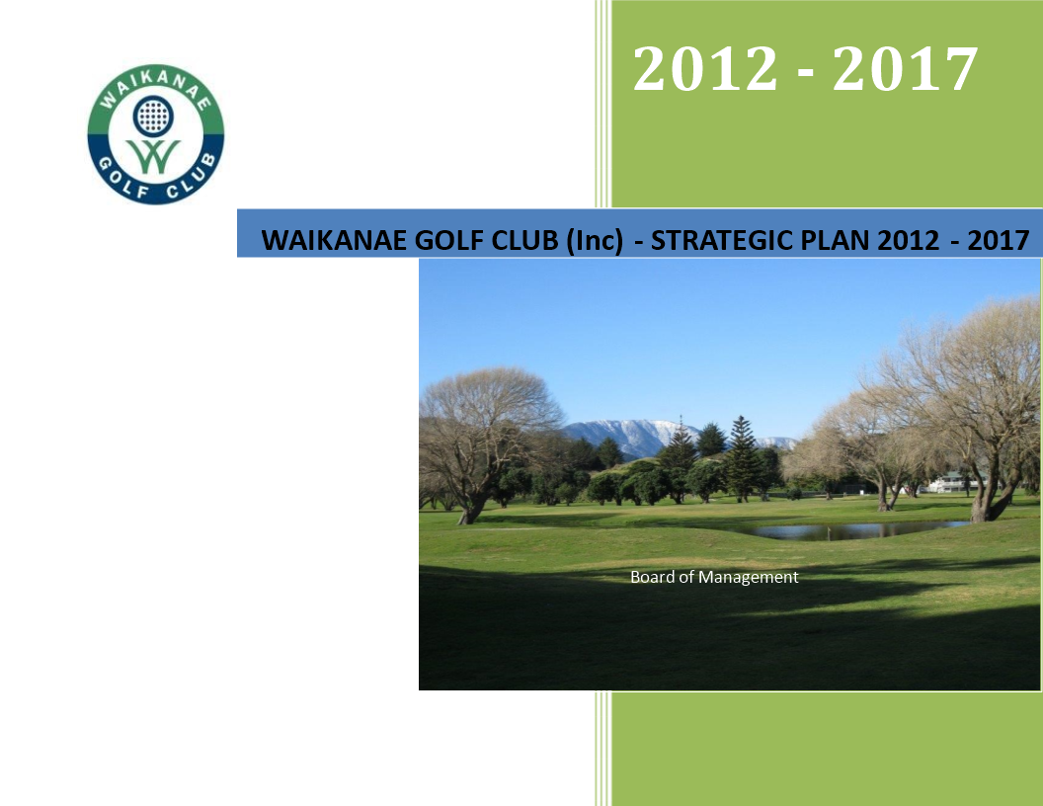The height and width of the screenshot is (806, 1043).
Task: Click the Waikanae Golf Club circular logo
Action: tap(156, 134)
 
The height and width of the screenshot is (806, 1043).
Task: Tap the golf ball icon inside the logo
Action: tap(154, 116)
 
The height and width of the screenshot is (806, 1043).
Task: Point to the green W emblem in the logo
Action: tap(154, 157)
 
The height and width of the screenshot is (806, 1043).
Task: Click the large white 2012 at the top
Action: tap(705, 68)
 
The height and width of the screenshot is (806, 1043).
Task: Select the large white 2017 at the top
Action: tap(905, 68)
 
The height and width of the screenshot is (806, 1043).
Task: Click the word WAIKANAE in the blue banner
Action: tap(335, 240)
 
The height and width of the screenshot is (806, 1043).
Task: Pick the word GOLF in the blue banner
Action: tap(449, 240)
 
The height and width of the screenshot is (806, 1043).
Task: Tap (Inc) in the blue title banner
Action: tap(595, 241)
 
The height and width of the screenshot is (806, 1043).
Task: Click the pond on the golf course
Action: tap(858, 530)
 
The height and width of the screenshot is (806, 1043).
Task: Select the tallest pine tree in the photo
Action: tap(743, 459)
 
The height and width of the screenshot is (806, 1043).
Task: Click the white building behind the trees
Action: tap(952, 483)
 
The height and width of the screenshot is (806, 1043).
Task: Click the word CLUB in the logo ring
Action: tap(191, 178)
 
